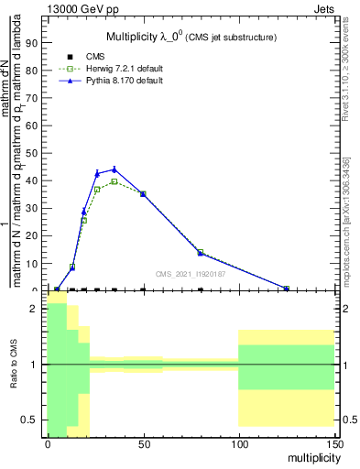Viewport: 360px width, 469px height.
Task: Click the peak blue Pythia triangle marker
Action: click(114, 169)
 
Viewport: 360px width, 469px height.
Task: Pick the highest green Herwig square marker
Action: click(114, 181)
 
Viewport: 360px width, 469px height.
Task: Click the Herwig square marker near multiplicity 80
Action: click(201, 252)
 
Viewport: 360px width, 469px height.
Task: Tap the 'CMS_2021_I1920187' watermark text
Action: click(191, 274)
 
